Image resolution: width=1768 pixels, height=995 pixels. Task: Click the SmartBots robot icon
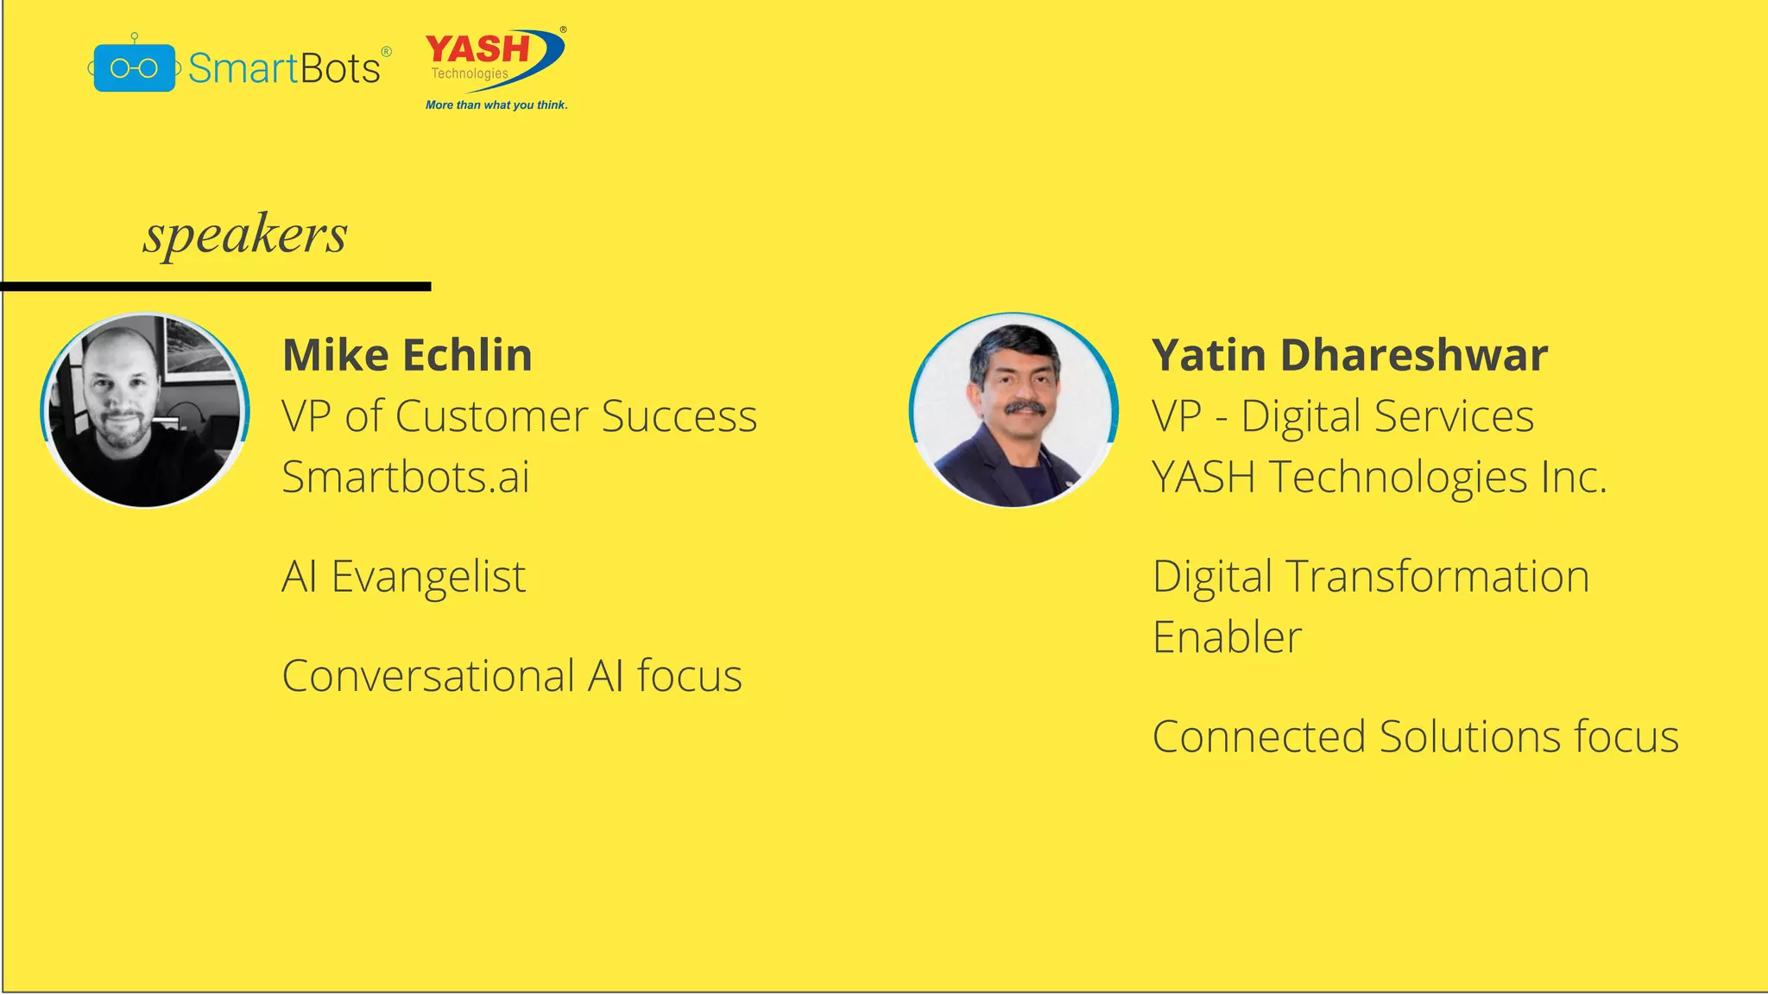(134, 67)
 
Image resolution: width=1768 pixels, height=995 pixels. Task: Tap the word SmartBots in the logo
(284, 68)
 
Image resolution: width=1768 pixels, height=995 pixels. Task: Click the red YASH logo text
(477, 48)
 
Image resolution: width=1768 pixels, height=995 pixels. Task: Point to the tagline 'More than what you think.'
(496, 105)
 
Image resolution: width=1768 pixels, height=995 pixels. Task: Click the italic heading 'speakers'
(245, 234)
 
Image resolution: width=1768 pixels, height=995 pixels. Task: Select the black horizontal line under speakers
(216, 286)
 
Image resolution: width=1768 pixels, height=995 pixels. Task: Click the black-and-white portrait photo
(145, 410)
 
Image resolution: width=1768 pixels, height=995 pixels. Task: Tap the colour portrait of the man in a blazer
(1013, 410)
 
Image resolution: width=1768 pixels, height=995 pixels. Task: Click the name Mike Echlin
(407, 355)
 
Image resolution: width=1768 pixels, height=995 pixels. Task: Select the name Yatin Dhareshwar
(1349, 355)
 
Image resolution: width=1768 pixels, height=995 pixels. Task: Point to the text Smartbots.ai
(406, 477)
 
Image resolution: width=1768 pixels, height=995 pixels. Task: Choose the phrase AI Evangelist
(404, 577)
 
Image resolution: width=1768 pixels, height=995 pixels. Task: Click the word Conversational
(428, 676)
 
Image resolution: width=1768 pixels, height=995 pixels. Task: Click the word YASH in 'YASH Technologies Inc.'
(1203, 477)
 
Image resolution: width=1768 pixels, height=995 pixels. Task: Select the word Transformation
(1436, 577)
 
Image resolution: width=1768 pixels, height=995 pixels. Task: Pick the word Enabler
(1227, 637)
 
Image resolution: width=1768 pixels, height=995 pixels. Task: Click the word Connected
(1259, 737)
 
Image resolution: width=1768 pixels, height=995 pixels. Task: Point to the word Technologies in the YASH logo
(470, 73)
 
